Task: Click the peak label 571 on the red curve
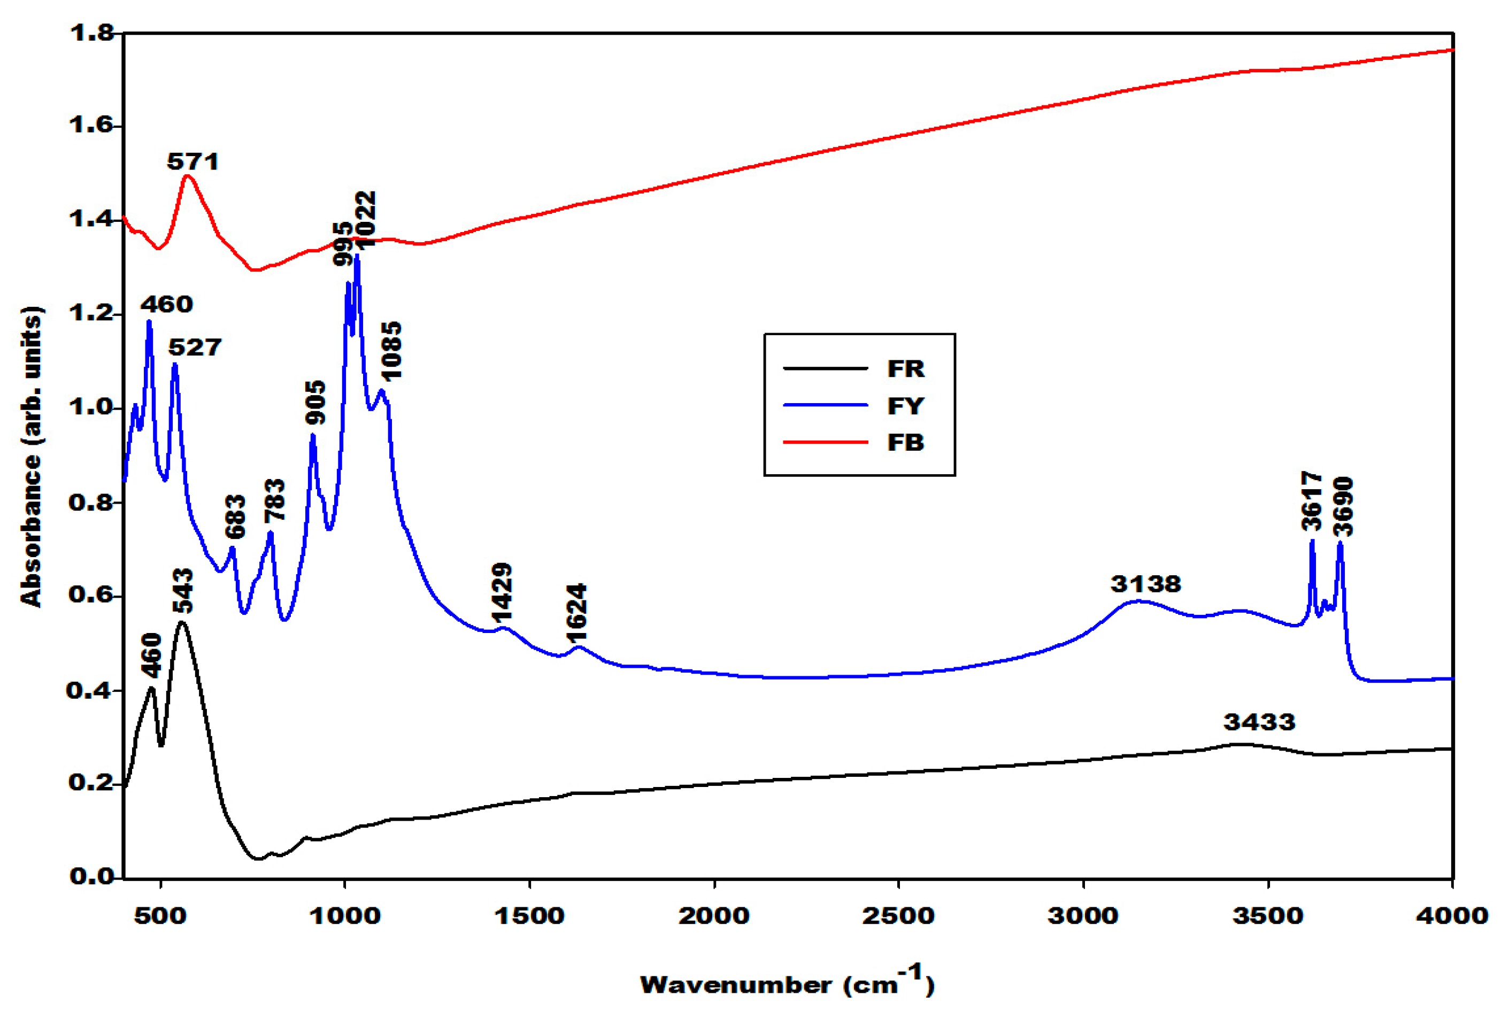click(x=193, y=161)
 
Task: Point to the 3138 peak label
click(x=1145, y=584)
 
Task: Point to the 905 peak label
click(x=315, y=403)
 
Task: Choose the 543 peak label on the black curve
click(x=182, y=591)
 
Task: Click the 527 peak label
click(x=195, y=348)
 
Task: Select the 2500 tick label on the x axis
click(x=898, y=916)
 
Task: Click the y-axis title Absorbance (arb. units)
click(x=32, y=457)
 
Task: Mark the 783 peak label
click(x=275, y=500)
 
